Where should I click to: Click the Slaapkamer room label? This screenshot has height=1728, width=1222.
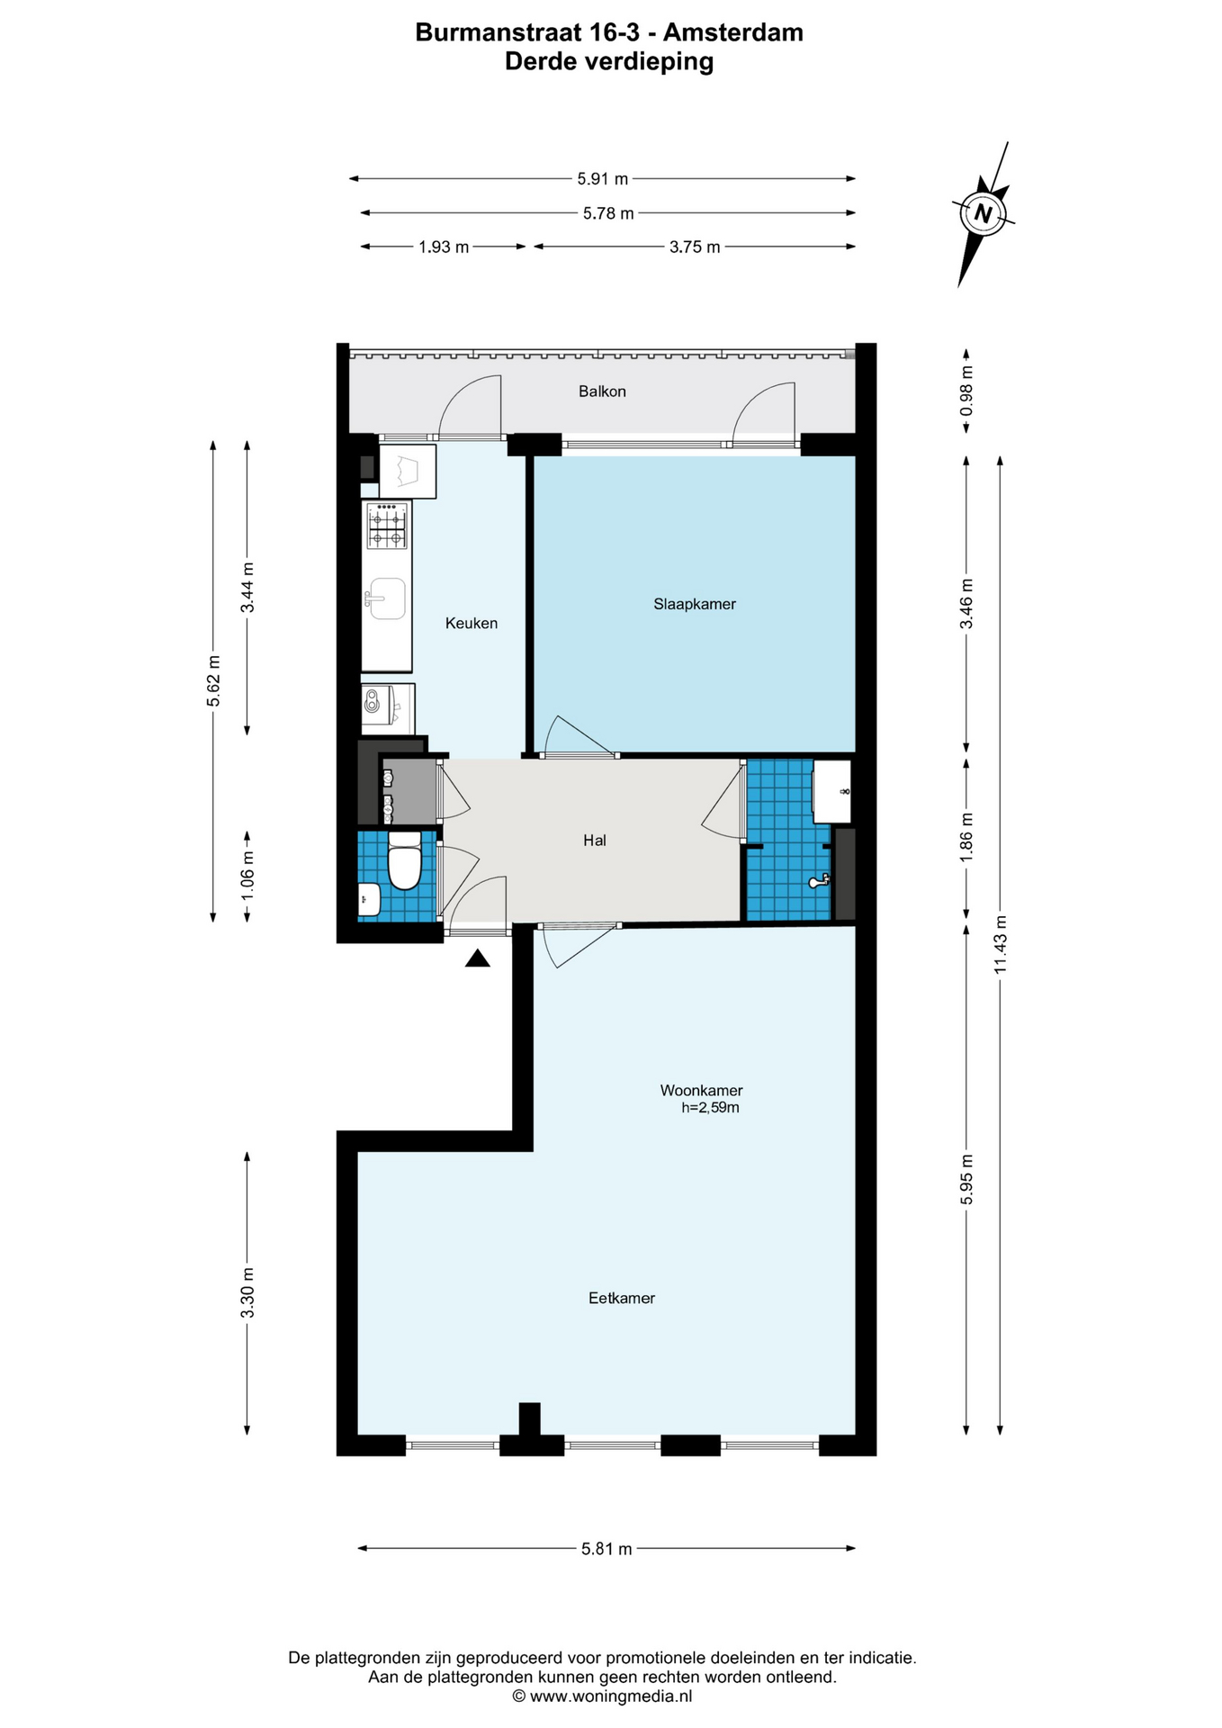tap(695, 604)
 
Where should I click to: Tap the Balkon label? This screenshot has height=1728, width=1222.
tap(602, 391)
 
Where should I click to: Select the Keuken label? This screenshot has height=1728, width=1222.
tap(472, 623)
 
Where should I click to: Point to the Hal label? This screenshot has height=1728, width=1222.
tap(595, 841)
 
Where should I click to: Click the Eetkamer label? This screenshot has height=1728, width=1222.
tap(622, 1298)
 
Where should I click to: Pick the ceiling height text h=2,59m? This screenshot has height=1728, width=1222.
tap(710, 1108)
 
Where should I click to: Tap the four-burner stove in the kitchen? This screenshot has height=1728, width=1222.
tap(387, 526)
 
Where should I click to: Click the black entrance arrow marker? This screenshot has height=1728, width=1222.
tap(478, 959)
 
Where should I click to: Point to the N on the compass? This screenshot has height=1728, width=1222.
tap(983, 214)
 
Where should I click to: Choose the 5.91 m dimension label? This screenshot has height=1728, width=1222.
tap(603, 179)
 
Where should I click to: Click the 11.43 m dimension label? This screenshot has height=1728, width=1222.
tap(1000, 944)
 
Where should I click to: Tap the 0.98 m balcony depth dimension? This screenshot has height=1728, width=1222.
tap(966, 391)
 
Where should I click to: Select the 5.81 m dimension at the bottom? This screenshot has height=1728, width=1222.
tap(607, 1549)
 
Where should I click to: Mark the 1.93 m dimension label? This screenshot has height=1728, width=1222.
tap(444, 247)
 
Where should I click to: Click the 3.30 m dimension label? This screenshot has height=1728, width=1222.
tap(247, 1292)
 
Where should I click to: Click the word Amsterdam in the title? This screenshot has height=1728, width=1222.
tap(733, 32)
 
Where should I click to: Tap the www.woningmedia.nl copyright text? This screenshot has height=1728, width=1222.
tap(602, 1696)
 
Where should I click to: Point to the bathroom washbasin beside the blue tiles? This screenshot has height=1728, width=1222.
tap(831, 791)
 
